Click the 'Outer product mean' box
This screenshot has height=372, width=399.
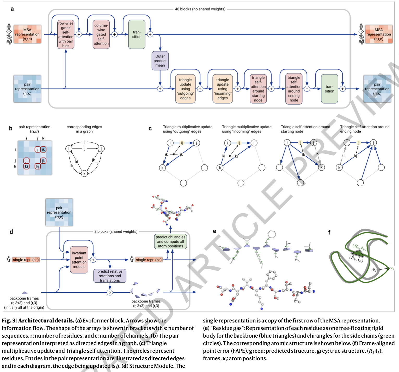tap(160, 61)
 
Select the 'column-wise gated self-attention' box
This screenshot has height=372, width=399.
tap(101, 34)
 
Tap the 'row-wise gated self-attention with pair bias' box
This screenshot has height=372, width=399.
tap(66, 34)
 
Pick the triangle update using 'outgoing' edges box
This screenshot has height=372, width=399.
tap(185, 89)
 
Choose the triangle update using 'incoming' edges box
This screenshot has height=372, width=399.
tap(223, 89)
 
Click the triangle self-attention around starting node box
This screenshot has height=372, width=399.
tap(258, 89)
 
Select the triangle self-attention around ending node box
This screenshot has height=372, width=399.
tap(294, 89)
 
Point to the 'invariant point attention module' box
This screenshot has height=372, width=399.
tap(79, 260)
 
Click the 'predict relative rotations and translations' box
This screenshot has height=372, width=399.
tap(110, 276)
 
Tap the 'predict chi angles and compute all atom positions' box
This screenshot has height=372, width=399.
tap(170, 241)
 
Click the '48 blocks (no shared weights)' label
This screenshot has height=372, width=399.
tap(200, 9)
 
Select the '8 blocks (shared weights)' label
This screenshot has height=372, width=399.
tap(116, 231)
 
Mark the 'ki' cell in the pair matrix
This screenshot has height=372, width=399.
tap(26, 166)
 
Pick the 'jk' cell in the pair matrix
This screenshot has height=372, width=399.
tap(43, 161)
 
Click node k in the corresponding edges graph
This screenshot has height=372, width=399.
tap(84, 173)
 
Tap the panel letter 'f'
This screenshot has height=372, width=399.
tap(329, 232)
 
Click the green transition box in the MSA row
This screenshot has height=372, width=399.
tap(137, 34)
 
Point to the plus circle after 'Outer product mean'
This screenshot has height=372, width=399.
tap(160, 89)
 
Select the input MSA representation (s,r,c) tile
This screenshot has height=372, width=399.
tap(27, 34)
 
